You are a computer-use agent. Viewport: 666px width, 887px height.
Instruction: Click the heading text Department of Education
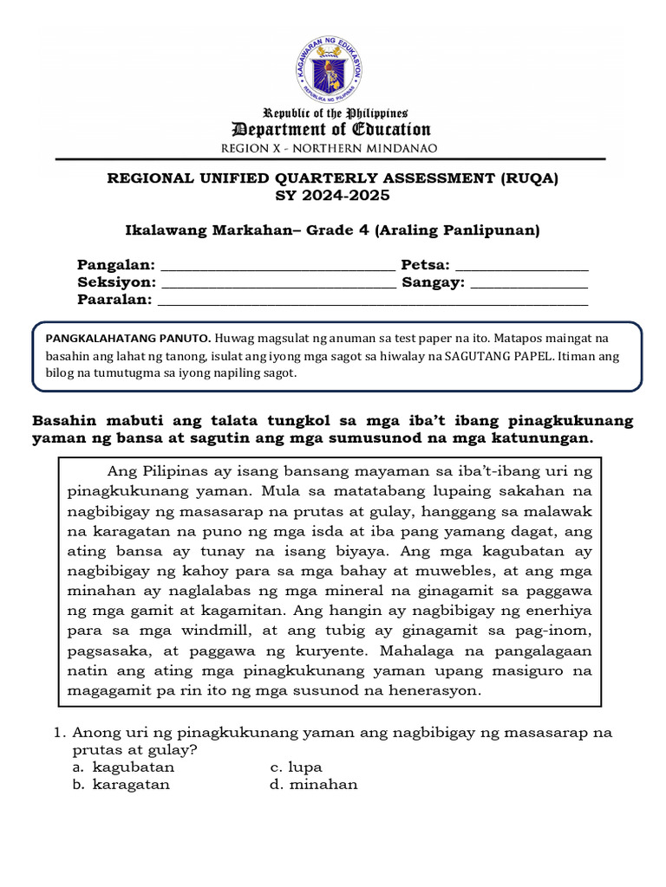[331, 130]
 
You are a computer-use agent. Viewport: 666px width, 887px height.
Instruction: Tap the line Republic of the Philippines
[335, 113]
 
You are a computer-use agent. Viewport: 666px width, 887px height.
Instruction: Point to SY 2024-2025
[332, 196]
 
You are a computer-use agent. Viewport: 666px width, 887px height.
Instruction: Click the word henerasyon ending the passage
[430, 690]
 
